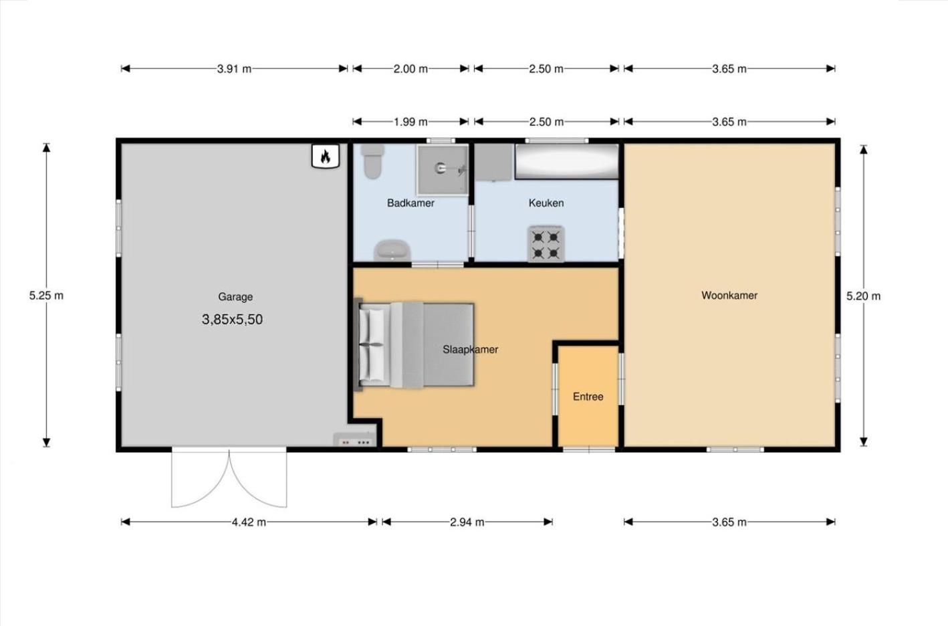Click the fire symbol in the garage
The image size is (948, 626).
[x=326, y=156]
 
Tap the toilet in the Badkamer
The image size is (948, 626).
[x=373, y=161]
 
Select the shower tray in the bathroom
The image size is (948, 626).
[x=443, y=169]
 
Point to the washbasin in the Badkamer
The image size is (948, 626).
[x=392, y=250]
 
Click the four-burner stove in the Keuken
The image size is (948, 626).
[x=546, y=243]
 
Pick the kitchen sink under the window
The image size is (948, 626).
[x=567, y=161]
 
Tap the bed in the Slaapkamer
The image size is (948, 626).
[x=414, y=345]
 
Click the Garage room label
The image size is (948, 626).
[x=235, y=297]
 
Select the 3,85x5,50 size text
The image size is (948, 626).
[x=233, y=320]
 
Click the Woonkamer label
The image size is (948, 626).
[x=729, y=296]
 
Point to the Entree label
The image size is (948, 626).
[x=588, y=397]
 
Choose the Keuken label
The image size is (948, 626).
[x=546, y=203]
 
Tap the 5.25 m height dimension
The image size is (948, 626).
[x=46, y=296]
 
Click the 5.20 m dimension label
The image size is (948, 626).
[x=863, y=296]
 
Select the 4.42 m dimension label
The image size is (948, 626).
[x=249, y=522]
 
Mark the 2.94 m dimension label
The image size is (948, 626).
[x=467, y=522]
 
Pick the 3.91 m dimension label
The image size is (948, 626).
[x=234, y=69]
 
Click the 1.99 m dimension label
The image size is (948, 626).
[x=410, y=122]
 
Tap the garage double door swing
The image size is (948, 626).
[x=229, y=478]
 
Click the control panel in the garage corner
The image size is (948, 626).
[x=354, y=440]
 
